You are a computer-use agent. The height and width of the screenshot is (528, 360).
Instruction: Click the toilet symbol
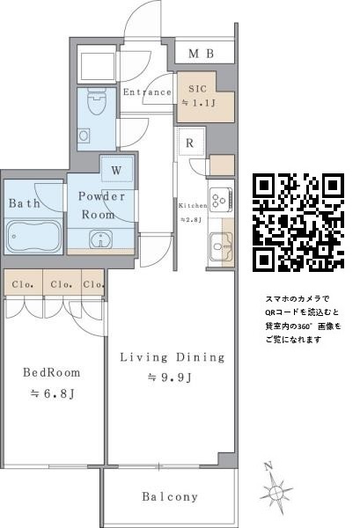(x=97, y=101)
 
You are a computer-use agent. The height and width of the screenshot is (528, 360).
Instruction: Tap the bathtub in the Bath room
(x=33, y=237)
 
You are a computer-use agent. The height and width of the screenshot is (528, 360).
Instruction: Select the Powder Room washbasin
(x=100, y=239)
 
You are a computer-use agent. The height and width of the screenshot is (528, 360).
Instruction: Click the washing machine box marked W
(x=117, y=169)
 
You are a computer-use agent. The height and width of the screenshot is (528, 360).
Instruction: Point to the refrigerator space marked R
(x=191, y=142)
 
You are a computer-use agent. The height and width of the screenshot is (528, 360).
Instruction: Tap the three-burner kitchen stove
(x=221, y=201)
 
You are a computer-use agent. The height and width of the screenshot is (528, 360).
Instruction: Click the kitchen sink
(x=221, y=246)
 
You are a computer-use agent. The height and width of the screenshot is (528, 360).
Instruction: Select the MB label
(x=202, y=53)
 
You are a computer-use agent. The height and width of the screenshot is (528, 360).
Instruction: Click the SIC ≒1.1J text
(x=198, y=96)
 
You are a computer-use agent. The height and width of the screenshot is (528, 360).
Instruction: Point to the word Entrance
(x=147, y=92)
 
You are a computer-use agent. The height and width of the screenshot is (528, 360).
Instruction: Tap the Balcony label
(x=170, y=496)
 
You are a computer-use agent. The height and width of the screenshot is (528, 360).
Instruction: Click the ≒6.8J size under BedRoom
(x=52, y=393)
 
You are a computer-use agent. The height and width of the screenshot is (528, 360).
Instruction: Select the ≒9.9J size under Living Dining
(x=169, y=378)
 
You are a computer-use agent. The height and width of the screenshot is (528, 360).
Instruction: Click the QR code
(x=298, y=223)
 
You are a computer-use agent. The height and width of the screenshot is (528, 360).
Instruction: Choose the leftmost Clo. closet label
(x=23, y=284)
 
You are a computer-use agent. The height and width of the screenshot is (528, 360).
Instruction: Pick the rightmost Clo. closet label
(x=93, y=284)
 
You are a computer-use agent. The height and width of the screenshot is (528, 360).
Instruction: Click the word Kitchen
(x=193, y=205)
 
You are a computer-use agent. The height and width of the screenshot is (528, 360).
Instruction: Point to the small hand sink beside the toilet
(x=84, y=136)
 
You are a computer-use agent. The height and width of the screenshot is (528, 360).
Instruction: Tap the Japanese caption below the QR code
(x=303, y=319)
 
